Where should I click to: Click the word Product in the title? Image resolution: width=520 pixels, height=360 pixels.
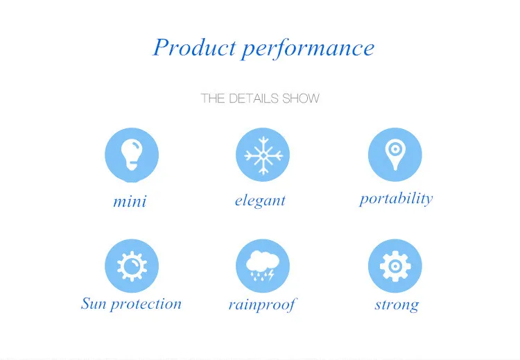[x=194, y=46]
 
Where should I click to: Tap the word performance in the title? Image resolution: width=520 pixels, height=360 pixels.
[x=308, y=49]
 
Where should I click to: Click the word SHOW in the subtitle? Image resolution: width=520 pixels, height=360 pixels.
[x=301, y=98]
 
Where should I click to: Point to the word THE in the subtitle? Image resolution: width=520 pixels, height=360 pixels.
[x=214, y=98]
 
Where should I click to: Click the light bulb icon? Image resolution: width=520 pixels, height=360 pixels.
[x=132, y=155]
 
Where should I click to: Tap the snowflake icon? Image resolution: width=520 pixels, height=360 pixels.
[x=263, y=155]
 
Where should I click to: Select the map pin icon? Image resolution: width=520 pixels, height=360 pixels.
[x=395, y=155]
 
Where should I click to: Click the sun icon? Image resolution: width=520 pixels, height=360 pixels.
[x=132, y=266]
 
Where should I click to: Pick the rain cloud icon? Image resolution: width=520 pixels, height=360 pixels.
[x=262, y=266]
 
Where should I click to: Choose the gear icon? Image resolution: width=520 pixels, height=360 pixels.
[x=395, y=266]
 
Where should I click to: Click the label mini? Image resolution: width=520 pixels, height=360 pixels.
[x=130, y=202]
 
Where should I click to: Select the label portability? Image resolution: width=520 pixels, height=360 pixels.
[x=397, y=199]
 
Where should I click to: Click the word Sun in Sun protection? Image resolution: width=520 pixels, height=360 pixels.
[x=94, y=304]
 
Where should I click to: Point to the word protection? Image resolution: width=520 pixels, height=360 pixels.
[x=146, y=305]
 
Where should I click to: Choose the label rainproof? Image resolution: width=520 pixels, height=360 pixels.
[x=262, y=305]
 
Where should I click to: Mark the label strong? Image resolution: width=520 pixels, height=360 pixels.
[x=397, y=305]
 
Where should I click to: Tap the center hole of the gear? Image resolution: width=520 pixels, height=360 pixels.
[x=395, y=266]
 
